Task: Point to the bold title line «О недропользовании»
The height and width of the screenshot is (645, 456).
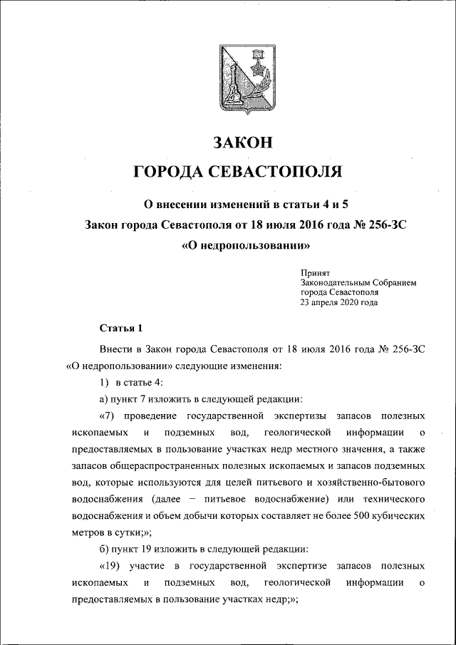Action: pyautogui.click(x=246, y=246)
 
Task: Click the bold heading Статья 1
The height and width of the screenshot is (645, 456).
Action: pyautogui.click(x=120, y=329)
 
